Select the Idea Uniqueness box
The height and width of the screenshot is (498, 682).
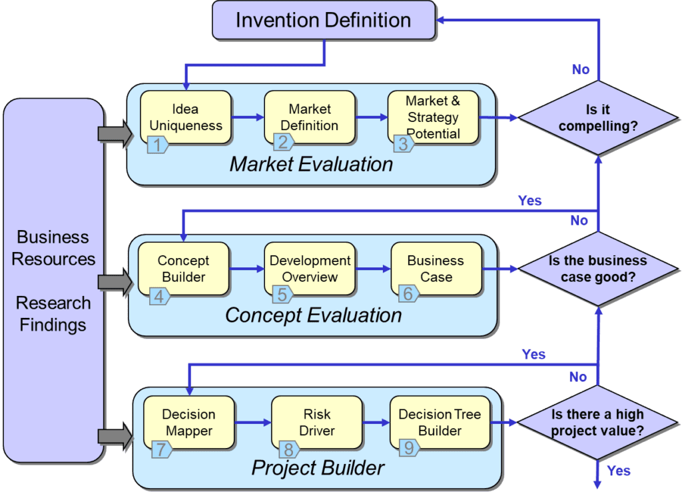186,117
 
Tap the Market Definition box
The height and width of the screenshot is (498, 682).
309,117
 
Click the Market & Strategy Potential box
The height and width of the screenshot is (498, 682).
433,117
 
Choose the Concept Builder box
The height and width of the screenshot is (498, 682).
183,269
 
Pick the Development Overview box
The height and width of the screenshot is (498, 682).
310,269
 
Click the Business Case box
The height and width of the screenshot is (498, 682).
436,269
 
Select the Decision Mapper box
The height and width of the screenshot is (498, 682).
188,423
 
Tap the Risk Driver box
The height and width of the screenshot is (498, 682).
316,423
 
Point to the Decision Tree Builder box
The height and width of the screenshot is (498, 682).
440,423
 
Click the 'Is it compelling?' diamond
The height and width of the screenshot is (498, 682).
597,118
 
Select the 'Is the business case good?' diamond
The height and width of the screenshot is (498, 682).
597,269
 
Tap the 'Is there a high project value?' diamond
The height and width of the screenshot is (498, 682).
597,423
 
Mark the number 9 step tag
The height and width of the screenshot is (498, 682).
408,448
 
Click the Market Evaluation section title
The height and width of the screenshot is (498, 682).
311,164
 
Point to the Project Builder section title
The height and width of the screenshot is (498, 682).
318,468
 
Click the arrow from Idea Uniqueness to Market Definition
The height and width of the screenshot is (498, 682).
248,118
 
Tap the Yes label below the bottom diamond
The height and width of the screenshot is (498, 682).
619,471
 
